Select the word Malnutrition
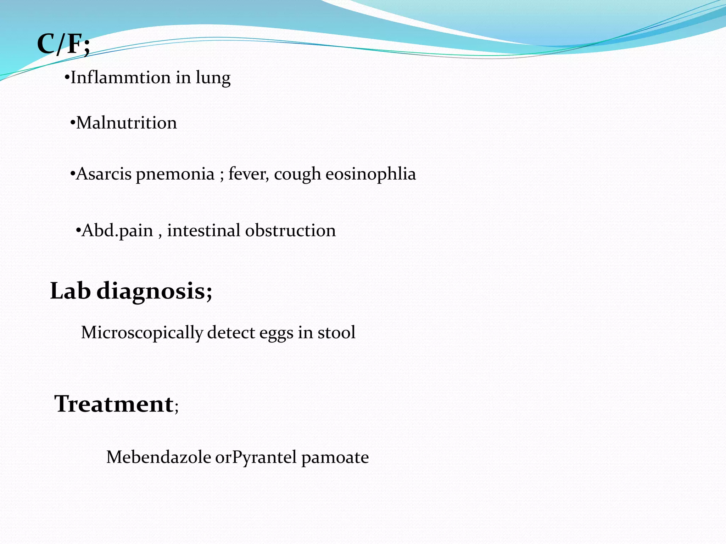point(127,123)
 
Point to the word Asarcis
point(104,174)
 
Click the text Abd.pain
point(117,231)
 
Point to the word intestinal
point(204,231)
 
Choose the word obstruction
point(290,231)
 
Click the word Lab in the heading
point(70,291)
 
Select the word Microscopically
point(142,333)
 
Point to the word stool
point(336,333)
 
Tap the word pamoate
point(335,458)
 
